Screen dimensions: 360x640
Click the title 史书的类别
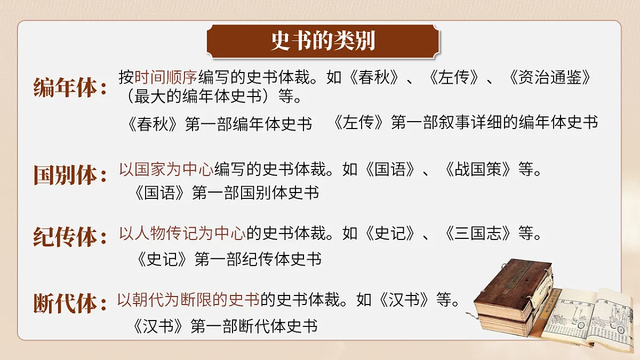click(x=323, y=41)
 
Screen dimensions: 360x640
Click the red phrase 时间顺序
click(x=166, y=77)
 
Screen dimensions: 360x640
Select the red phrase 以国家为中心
click(x=166, y=170)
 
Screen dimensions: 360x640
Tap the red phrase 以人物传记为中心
click(x=182, y=234)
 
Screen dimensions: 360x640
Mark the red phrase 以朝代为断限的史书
click(x=188, y=300)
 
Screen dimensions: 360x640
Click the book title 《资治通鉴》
click(x=549, y=77)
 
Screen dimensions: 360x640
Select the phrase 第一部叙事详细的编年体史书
click(x=494, y=123)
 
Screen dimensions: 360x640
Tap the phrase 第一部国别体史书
click(x=255, y=193)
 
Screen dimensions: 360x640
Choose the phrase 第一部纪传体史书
click(x=258, y=259)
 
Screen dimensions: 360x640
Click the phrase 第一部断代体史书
click(x=254, y=325)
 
